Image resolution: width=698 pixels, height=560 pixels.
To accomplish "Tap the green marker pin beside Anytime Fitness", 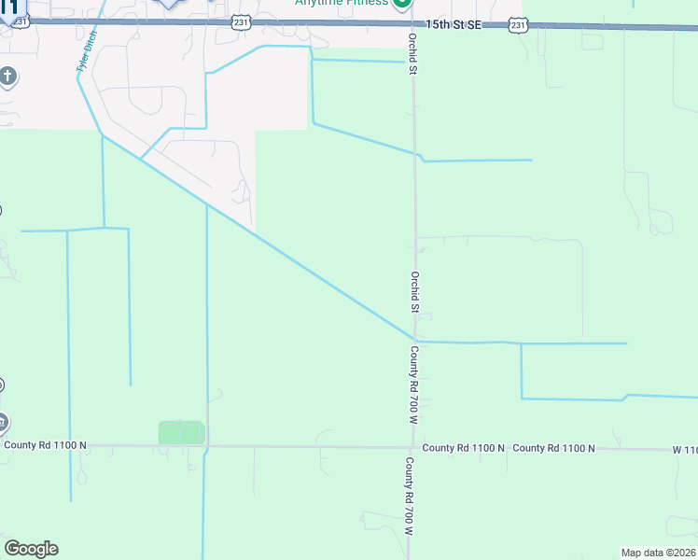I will tap(401, 3).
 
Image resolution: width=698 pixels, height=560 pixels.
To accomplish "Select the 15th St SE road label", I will tap(453, 23).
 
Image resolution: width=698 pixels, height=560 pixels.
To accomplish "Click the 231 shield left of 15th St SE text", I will tap(240, 21).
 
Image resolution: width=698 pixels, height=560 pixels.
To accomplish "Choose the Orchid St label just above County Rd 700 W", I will tap(414, 291).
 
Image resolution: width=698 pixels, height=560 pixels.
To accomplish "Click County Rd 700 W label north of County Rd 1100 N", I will tap(412, 385).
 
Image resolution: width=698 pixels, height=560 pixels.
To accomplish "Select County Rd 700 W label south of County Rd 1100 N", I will tap(409, 495).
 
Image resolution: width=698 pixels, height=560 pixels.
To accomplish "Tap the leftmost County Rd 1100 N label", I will tap(45, 445).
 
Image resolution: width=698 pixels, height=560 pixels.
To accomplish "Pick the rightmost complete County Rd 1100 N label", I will tap(553, 448).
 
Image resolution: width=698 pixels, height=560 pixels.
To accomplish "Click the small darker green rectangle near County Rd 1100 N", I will tap(181, 432).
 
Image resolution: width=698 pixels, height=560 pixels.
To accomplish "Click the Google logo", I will tap(31, 549).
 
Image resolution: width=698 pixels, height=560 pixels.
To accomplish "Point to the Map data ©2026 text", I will tap(659, 553).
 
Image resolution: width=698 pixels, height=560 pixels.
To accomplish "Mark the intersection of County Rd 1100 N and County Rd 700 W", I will tap(412, 448).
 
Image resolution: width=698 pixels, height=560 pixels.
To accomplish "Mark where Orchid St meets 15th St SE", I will tap(412, 24).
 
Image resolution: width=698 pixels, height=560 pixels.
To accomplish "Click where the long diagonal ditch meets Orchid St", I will tap(413, 340).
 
